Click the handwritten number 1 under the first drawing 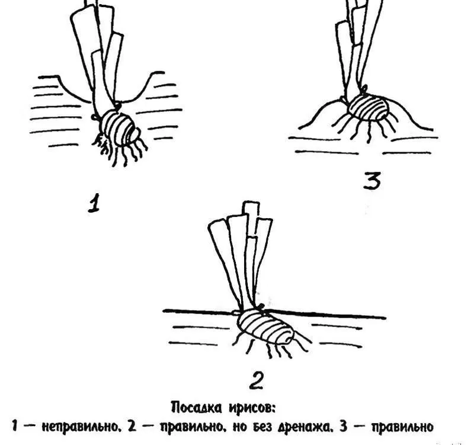94,203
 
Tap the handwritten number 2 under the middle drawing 256,380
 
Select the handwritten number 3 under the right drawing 372,181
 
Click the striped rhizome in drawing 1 120,129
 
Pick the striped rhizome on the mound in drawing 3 368,107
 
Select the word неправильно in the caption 79,427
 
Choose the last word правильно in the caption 403,427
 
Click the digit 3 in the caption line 344,427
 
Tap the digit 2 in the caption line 132,427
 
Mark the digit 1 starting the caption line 15,427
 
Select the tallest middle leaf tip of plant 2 251,206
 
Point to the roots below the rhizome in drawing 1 121,151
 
